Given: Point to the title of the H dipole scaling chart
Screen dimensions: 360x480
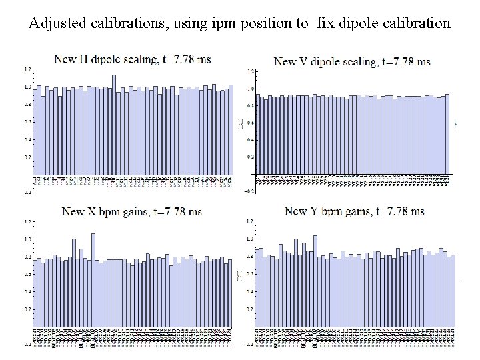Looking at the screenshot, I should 132,59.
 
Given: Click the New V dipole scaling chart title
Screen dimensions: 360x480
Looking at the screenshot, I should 352,61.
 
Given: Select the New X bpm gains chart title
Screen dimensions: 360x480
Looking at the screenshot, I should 132,212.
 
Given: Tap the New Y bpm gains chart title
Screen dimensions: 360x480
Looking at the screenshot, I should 355,212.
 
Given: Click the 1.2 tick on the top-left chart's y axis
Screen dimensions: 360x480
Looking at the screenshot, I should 27,69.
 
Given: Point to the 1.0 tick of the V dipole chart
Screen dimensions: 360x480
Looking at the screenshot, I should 250,89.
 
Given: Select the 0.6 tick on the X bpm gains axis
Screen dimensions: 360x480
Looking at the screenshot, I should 27,274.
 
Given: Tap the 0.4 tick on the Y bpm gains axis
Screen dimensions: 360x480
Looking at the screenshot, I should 250,292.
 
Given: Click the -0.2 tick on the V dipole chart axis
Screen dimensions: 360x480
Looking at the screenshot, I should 249,191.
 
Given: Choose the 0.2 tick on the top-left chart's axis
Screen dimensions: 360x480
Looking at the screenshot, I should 27,157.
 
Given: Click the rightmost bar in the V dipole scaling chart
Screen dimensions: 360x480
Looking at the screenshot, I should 447,133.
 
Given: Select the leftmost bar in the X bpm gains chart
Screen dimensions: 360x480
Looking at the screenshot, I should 36,293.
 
